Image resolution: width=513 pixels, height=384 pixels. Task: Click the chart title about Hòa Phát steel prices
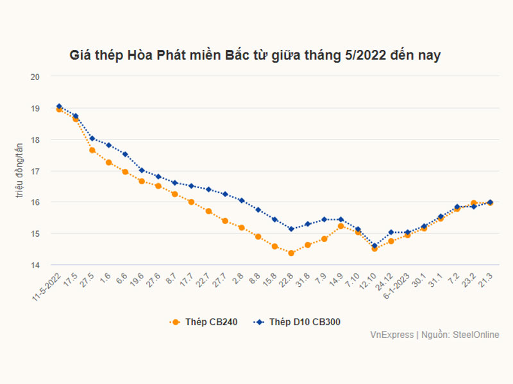point(255,56)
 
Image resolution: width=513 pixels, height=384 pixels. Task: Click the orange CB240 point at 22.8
point(291,253)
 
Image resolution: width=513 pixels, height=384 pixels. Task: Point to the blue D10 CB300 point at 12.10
point(374,246)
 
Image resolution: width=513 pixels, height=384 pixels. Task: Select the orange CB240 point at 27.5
point(92,150)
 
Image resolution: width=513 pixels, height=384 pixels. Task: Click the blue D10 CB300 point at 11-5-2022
point(59,106)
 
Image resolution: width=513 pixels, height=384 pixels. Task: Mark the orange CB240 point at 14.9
point(341,226)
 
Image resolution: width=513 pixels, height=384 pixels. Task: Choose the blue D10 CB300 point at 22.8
point(291,229)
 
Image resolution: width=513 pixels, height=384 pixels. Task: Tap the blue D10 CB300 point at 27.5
point(92,138)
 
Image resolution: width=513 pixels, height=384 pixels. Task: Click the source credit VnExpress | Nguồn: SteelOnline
point(434,335)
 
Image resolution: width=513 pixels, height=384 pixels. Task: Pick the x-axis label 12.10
point(368,282)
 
